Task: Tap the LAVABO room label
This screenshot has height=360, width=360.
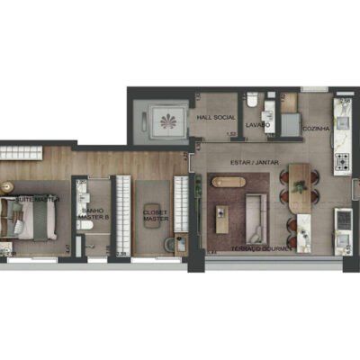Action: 257,126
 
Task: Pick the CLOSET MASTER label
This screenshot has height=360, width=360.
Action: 156,217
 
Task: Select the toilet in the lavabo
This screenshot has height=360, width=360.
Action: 255,101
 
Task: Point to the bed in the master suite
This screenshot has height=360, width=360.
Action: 27,220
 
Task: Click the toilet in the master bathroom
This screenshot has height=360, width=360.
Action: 92,241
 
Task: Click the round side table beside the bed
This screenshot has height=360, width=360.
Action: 9,186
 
